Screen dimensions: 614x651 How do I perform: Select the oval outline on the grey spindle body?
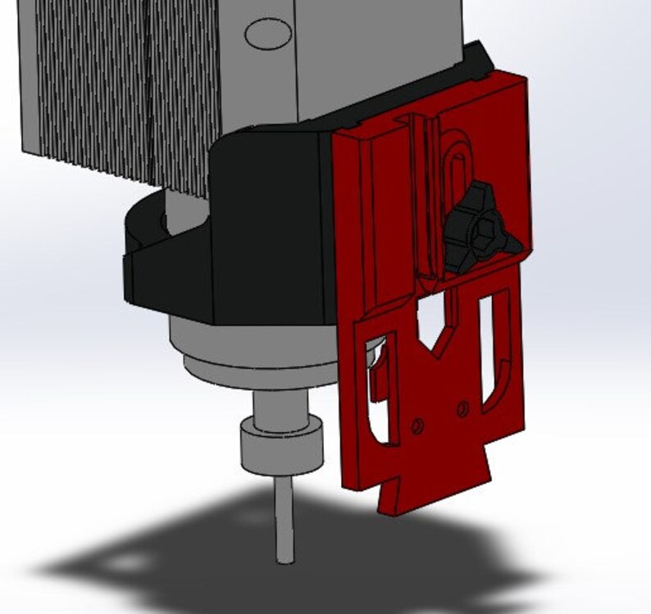point(269,34)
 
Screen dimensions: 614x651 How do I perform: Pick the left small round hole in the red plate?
point(417,425)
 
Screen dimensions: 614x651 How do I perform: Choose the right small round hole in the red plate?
point(462,406)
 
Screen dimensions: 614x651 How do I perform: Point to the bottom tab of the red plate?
point(434,492)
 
